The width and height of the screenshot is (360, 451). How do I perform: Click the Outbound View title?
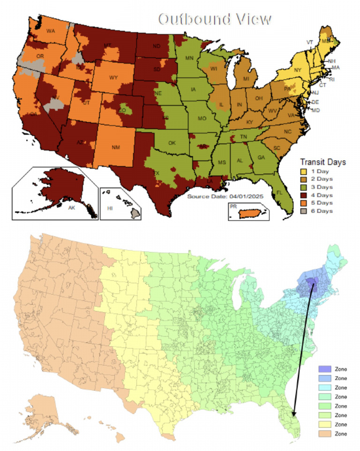point(215,19)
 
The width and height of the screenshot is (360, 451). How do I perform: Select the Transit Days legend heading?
point(322,162)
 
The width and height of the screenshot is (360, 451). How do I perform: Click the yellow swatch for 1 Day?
point(305,170)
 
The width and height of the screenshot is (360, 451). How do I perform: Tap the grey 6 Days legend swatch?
point(305,211)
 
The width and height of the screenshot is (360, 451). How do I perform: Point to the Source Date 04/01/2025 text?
point(226,196)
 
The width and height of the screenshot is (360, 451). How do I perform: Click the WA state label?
point(51,31)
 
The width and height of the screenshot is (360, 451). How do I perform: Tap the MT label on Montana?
point(107,45)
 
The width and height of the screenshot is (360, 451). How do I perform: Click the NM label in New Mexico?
point(116,148)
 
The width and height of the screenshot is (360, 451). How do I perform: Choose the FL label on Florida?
point(279,192)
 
